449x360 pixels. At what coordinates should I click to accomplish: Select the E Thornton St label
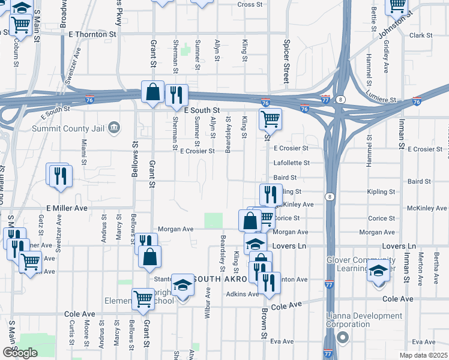92,35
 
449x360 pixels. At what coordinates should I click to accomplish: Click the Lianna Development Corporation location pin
343,338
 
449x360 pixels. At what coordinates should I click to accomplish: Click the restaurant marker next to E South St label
176,94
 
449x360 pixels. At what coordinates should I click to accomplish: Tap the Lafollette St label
291,163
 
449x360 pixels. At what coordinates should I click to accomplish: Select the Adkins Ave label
242,294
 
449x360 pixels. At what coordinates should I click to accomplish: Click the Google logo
20,352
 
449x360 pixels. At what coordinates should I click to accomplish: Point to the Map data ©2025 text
423,355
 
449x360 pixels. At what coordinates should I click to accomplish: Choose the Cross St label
250,4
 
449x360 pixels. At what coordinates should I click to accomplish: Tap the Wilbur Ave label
208,303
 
